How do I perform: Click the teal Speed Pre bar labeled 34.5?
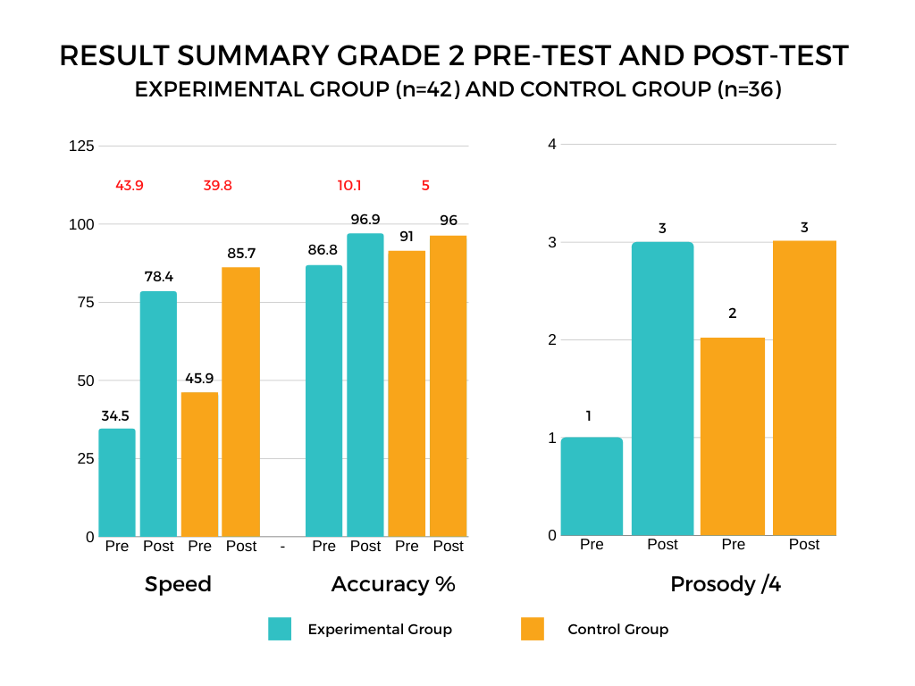point(117,482)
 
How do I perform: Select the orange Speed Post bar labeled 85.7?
point(241,402)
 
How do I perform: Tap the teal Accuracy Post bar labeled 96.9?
point(365,385)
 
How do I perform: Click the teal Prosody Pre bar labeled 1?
point(592,487)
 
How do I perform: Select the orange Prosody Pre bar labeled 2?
point(733,437)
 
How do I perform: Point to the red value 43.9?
point(130,186)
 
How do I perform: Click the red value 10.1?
point(349,186)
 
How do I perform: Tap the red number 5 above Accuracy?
point(425,186)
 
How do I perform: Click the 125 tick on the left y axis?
point(81,146)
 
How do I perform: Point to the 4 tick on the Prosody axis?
point(552,145)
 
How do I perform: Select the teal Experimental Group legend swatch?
point(280,629)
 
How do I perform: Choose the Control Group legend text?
point(617,630)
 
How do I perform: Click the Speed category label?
point(178,584)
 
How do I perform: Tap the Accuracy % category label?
point(393,584)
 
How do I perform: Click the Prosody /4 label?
point(725,584)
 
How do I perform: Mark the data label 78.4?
point(158,277)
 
